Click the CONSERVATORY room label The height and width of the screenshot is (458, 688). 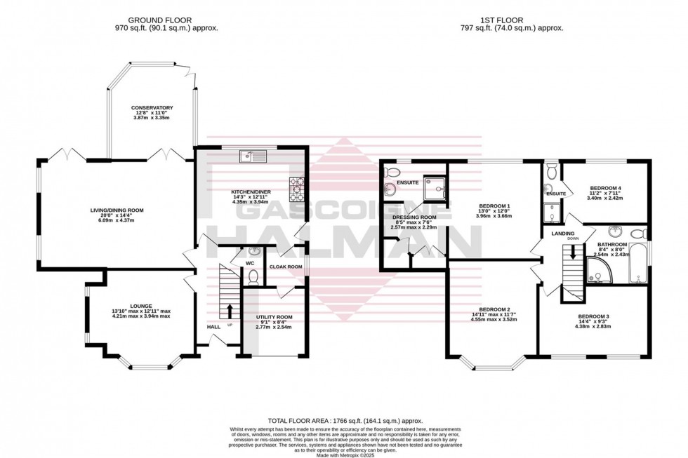point(152,108)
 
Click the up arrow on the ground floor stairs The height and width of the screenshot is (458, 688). point(230,309)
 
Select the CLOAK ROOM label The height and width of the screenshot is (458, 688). point(286,267)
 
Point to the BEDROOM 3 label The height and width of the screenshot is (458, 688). point(593,316)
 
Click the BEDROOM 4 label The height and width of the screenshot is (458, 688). point(605,188)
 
